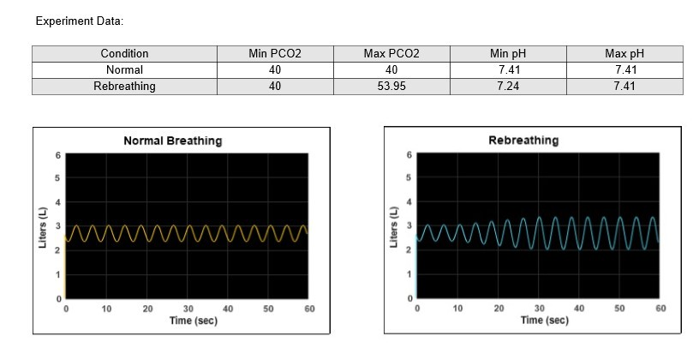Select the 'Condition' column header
coord(124,53)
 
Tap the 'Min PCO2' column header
coord(275,53)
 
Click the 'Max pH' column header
coord(624,53)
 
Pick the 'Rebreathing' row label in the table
coord(124,86)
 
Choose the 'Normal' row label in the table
coord(124,69)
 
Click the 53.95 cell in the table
coord(391,86)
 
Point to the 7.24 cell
coord(509,86)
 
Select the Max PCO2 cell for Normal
coord(391,69)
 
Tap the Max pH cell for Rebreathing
coord(624,86)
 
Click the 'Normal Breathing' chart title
coord(172,141)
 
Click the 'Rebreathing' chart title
coord(523,140)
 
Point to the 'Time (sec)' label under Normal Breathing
coord(193,320)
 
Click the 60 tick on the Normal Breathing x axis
coord(309,308)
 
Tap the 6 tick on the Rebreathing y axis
coord(409,154)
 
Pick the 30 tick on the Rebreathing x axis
coord(539,307)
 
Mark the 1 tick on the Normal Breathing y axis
coord(57,275)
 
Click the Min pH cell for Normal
coord(509,69)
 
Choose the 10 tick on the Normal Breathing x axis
coord(106,308)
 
